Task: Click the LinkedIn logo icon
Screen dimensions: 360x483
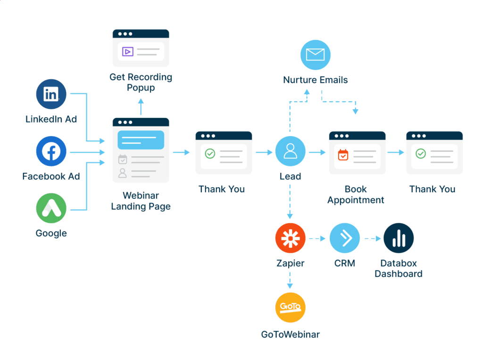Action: pos(51,94)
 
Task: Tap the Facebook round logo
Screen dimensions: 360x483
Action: pos(51,151)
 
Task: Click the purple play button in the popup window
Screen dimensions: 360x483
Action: pos(127,51)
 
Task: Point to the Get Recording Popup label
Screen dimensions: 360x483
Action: pos(141,82)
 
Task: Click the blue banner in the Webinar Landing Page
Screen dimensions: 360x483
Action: pos(141,140)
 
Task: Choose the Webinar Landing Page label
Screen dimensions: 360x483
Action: pos(141,201)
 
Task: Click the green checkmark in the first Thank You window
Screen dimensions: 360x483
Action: pos(210,154)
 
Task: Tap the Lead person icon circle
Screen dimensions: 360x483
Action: pos(290,151)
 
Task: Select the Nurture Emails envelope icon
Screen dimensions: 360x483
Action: pos(316,55)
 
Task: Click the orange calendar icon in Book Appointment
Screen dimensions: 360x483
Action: pos(343,154)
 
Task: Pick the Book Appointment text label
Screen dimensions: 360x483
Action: pos(356,195)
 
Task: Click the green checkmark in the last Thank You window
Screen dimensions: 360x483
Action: pos(420,154)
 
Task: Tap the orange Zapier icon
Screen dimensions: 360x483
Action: pos(290,238)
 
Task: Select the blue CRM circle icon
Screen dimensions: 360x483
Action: pos(344,238)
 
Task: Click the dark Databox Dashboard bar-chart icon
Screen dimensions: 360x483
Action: pos(398,238)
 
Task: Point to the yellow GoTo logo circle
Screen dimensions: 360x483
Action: pos(290,308)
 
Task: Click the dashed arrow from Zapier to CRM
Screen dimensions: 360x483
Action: pos(317,238)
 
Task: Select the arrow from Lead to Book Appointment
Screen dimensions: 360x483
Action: pos(317,153)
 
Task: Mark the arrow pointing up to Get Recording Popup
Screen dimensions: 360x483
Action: pos(141,107)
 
